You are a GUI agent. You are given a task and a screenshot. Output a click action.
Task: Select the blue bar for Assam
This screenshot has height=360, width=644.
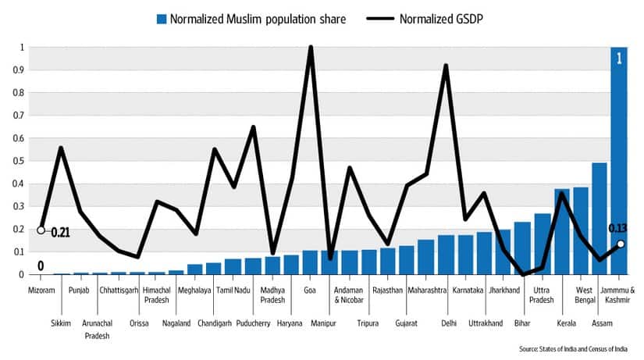click(x=600, y=219)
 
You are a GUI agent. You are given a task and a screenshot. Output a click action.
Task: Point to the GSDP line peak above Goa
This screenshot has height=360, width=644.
click(x=311, y=48)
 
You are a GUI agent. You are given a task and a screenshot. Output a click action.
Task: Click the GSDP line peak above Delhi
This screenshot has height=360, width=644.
click(x=446, y=66)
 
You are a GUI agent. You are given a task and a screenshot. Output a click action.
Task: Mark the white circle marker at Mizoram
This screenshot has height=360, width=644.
click(x=41, y=230)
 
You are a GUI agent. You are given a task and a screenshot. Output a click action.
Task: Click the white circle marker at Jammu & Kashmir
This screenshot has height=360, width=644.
click(x=620, y=244)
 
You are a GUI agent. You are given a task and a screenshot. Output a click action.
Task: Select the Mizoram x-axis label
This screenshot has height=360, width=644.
click(x=41, y=290)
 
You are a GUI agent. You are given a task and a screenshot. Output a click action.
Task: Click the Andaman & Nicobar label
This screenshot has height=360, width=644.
click(x=349, y=295)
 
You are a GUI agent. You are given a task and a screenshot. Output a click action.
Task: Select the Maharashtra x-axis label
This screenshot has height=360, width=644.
click(x=426, y=290)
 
